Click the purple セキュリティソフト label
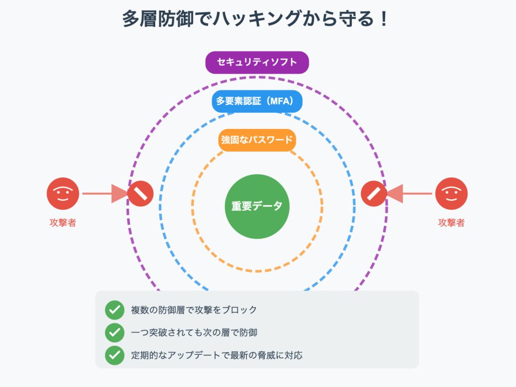click(x=257, y=62)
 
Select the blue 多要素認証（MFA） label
click(x=257, y=101)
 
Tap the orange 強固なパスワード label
click(x=257, y=140)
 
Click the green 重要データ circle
click(x=257, y=206)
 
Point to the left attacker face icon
click(x=63, y=193)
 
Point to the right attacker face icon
click(x=451, y=193)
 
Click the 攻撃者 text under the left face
click(x=63, y=222)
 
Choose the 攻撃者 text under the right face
click(x=451, y=222)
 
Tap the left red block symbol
click(x=141, y=193)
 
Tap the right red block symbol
click(x=374, y=193)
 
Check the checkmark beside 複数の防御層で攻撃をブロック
click(x=114, y=310)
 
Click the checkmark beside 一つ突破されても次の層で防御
click(x=114, y=333)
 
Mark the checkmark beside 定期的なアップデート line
click(x=114, y=355)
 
